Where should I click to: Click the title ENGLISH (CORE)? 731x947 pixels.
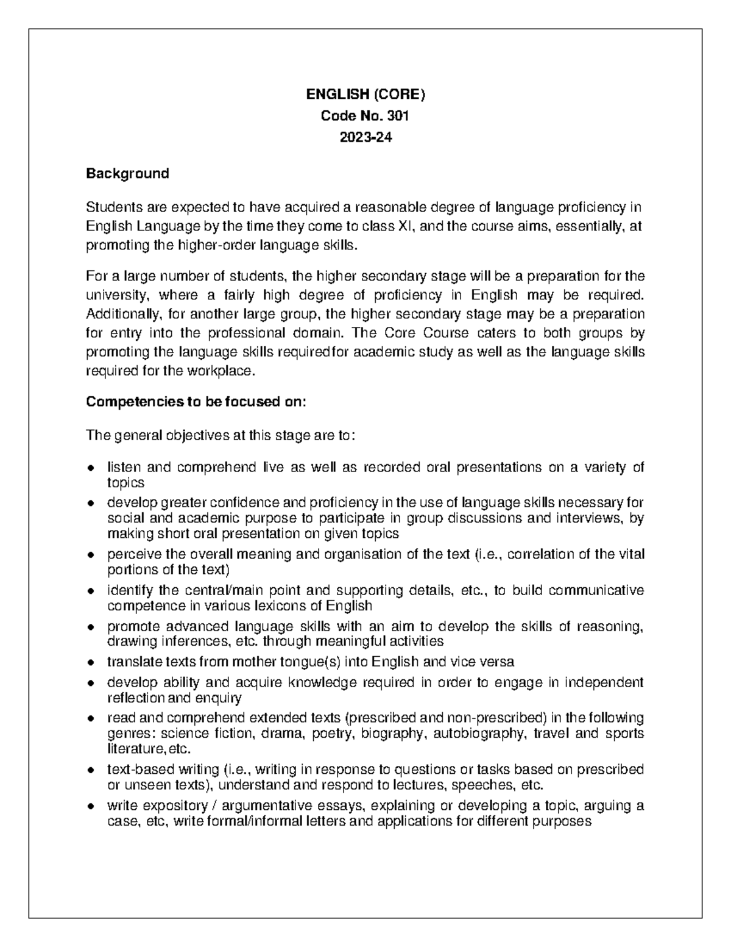click(x=365, y=95)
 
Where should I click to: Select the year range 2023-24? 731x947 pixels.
click(x=365, y=137)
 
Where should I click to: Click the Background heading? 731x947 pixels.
click(x=127, y=174)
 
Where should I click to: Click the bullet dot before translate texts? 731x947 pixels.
click(x=91, y=662)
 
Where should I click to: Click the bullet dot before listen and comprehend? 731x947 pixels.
click(x=91, y=468)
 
